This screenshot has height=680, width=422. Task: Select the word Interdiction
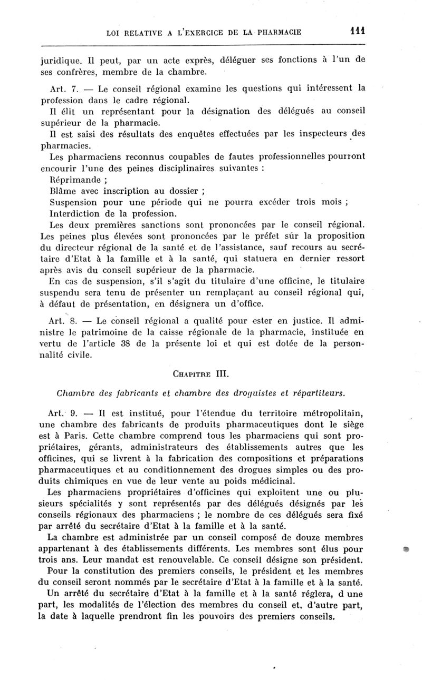click(73, 214)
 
